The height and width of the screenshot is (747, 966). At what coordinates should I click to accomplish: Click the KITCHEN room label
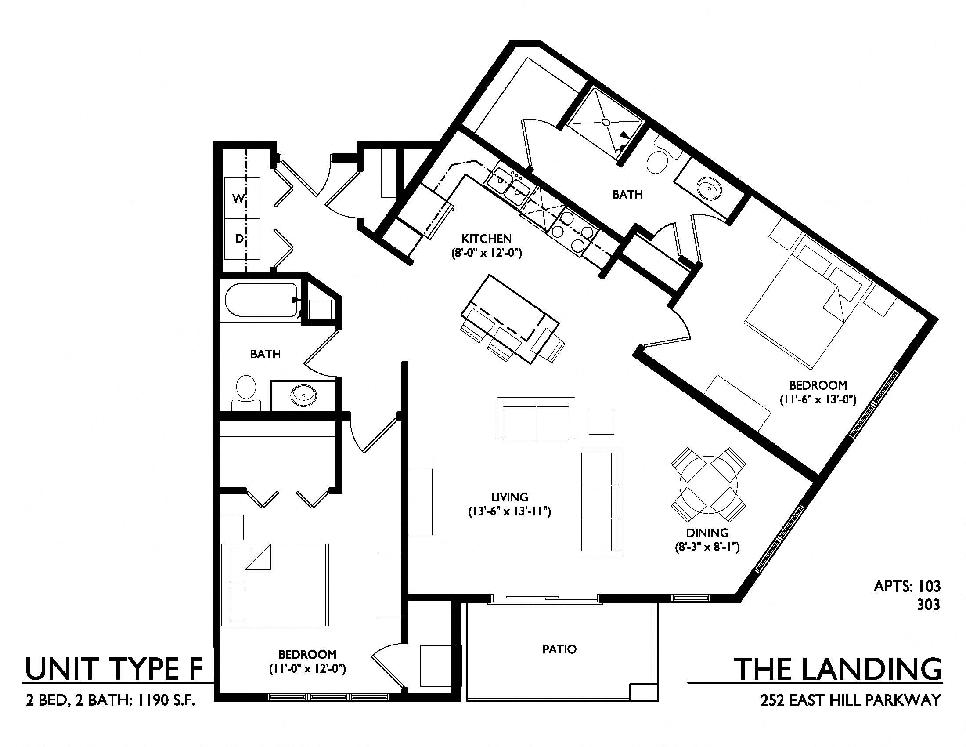(486, 239)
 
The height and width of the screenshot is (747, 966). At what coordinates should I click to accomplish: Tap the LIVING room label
(509, 497)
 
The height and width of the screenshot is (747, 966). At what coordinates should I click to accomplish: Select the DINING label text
(707, 533)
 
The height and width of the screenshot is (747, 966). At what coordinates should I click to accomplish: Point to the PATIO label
(559, 649)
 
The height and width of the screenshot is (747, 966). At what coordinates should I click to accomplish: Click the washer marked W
(242, 197)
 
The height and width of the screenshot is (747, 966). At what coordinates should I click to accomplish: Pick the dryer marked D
(242, 239)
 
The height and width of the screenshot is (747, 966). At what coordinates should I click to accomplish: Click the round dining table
(709, 485)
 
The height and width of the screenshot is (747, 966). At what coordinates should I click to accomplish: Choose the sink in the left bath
(303, 395)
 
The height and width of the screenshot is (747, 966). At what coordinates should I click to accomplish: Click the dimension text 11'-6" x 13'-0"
(818, 399)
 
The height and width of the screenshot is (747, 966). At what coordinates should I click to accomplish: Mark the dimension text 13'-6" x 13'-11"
(509, 512)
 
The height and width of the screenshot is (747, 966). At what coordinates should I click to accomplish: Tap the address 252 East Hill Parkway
(851, 700)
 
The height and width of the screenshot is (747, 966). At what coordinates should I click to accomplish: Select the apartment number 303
(929, 605)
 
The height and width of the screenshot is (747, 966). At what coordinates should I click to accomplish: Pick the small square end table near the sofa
(601, 422)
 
